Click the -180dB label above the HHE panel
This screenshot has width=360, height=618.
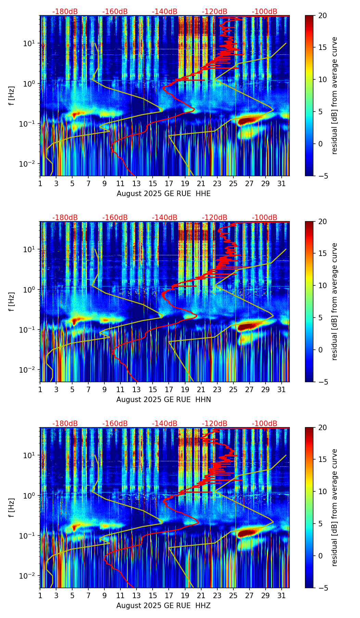[x=65, y=12]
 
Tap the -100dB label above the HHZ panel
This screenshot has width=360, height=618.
[x=265, y=424]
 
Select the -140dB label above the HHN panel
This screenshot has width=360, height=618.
[x=165, y=218]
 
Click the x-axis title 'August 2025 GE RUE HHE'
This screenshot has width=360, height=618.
[x=164, y=194]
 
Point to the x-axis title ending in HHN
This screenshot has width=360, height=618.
[x=164, y=400]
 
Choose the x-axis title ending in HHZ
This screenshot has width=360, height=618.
[x=164, y=606]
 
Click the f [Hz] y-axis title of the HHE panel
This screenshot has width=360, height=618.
[x=12, y=96]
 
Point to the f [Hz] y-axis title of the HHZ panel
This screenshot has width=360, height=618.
[x=12, y=508]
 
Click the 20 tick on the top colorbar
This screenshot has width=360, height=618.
[x=322, y=16]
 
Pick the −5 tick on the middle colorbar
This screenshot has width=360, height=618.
[x=323, y=382]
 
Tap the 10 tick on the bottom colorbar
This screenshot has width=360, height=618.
[x=322, y=491]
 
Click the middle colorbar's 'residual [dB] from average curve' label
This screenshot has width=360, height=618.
[x=334, y=301]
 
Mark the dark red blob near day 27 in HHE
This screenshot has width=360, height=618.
[x=247, y=121]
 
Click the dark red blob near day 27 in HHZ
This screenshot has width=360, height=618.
[x=247, y=533]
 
